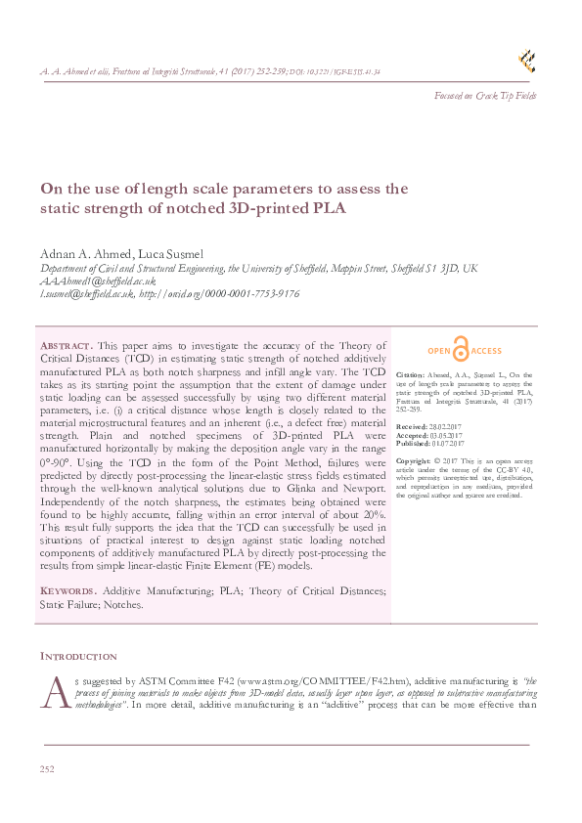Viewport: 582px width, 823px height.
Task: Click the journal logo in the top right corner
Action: [527, 61]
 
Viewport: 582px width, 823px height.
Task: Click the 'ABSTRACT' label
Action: [67, 346]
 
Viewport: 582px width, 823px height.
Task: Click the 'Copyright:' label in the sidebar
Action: [414, 459]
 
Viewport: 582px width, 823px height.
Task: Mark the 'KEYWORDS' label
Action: [67, 591]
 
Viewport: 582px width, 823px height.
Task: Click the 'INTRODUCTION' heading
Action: [77, 656]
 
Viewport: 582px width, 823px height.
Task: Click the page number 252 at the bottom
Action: [47, 770]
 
